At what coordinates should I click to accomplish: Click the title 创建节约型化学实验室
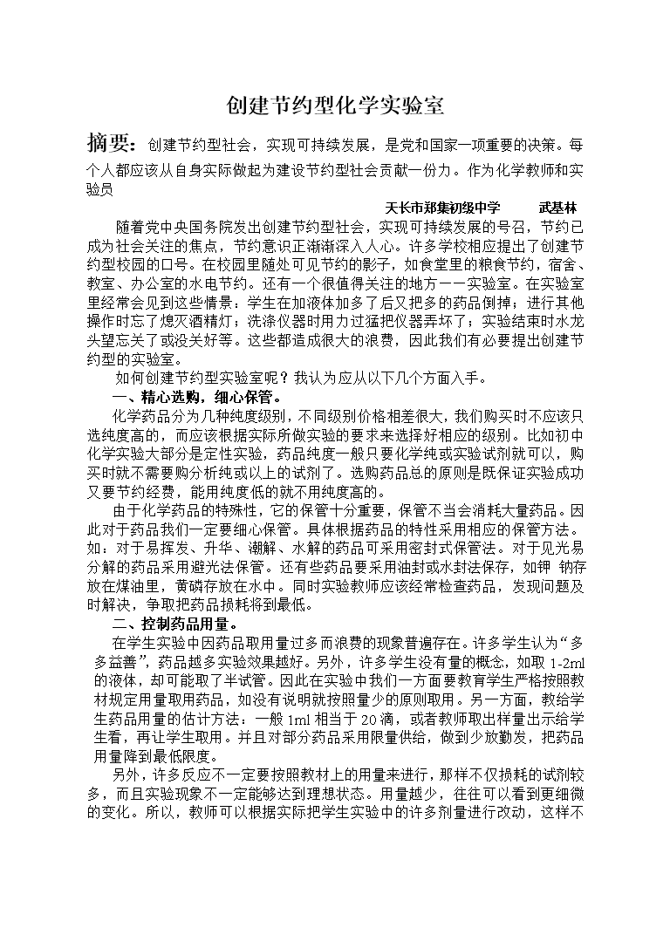(x=335, y=106)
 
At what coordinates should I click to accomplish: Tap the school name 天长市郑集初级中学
(x=442, y=208)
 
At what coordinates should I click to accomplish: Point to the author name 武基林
(x=558, y=208)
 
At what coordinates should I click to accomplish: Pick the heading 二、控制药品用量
(x=177, y=624)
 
